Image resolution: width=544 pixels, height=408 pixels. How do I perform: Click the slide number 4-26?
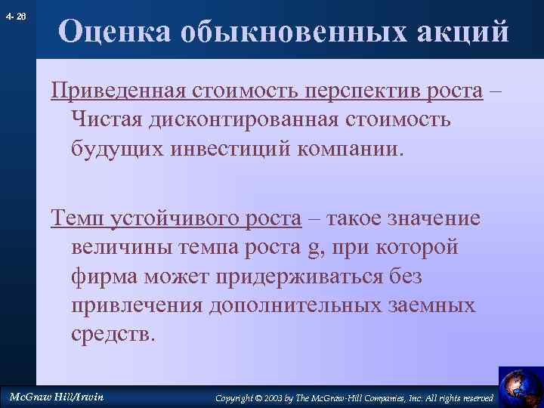pyautogui.click(x=15, y=16)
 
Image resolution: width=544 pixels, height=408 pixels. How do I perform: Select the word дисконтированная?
pyautogui.click(x=249, y=119)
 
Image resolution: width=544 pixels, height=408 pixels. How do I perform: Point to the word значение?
pyautogui.click(x=434, y=218)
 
